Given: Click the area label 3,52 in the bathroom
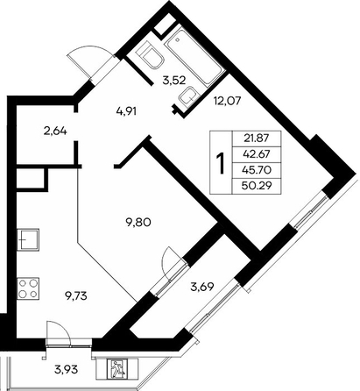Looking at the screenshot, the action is pos(174,80).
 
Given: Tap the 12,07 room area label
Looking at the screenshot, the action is pos(227,101).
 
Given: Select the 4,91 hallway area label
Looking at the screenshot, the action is pos(126,110).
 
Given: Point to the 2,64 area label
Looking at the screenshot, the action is pos(55,131).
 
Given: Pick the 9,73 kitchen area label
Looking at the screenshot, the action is pos(75,296).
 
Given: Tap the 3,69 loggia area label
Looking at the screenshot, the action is pos(202,287).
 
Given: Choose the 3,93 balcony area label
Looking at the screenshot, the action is pos(66,370).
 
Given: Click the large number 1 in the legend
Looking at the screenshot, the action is pos(221,163).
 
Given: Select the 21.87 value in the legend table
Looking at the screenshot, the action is pos(257,139).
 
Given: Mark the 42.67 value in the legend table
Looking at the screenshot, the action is pos(257,153).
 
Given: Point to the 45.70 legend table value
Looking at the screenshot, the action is pos(257,169).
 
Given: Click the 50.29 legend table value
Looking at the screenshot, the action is pos(257,185).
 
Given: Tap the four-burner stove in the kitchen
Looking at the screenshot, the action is pos(28,288).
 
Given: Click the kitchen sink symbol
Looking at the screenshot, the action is pos(28,239).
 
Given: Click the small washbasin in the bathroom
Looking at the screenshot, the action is pos(188,97).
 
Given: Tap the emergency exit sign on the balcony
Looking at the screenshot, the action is pos(116,368).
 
